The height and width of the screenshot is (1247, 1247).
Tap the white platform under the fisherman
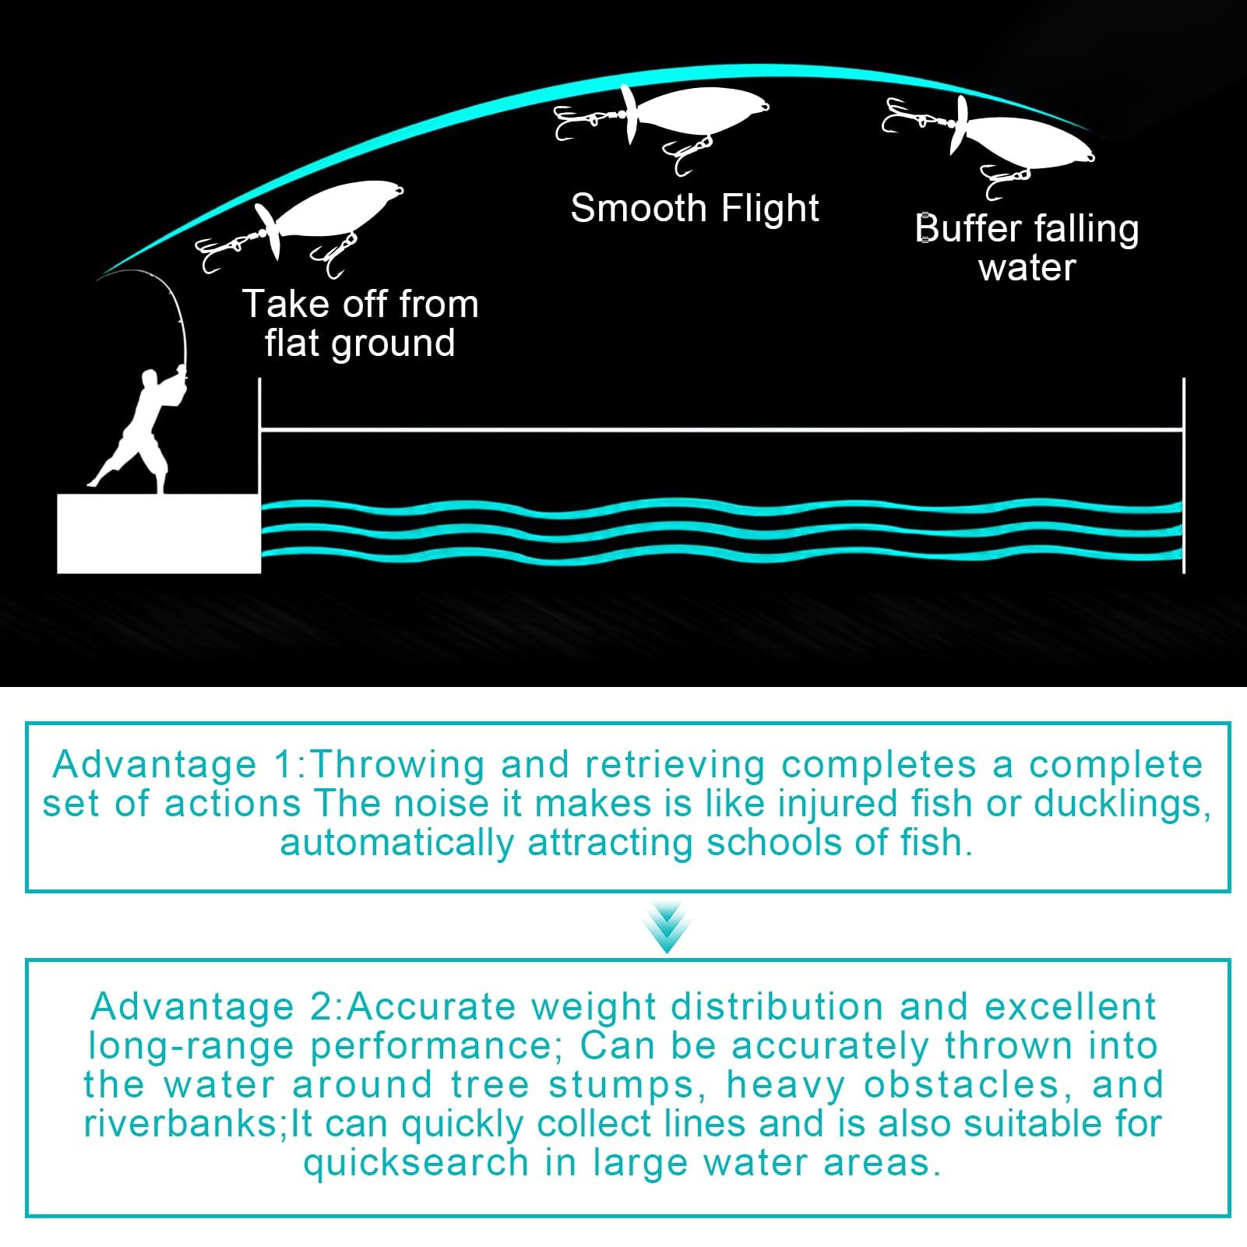tap(158, 534)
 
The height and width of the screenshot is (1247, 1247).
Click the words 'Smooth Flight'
tap(694, 209)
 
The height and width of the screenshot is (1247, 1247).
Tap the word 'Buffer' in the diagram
tap(968, 229)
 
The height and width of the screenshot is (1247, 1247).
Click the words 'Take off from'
tap(360, 304)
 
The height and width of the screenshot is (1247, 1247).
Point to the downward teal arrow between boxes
tap(667, 927)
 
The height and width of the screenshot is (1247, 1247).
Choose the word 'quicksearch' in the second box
tap(416, 1163)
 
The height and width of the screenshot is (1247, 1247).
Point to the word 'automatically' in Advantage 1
tap(396, 843)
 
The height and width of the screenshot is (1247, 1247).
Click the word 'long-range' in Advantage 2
tap(190, 1046)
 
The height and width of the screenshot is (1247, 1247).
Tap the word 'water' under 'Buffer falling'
tap(1027, 268)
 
